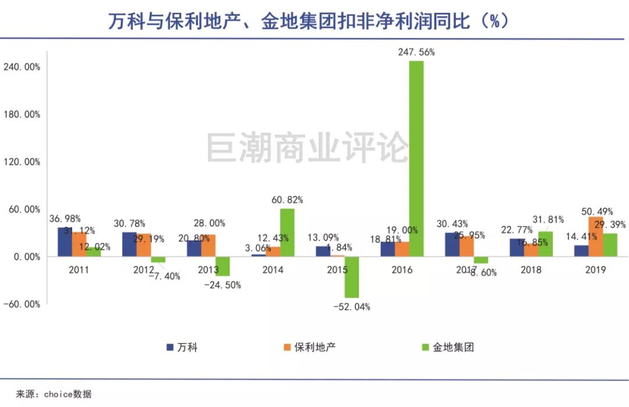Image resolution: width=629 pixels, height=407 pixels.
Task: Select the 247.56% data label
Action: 416,52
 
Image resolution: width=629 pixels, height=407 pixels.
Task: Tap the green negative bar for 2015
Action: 351,277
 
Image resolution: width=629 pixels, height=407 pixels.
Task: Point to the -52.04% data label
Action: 351,307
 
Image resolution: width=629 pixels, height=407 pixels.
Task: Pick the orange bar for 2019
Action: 596,236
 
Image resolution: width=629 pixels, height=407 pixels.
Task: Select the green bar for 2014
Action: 287,232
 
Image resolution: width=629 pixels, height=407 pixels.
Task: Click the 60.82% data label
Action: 287,200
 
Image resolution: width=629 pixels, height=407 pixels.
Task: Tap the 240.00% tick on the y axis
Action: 22,67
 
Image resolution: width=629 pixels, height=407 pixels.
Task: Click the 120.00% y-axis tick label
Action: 22,162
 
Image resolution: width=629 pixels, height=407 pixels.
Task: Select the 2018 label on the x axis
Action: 531,270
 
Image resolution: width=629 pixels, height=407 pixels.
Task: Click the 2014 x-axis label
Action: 273,270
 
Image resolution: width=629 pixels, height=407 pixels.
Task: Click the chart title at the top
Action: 309,22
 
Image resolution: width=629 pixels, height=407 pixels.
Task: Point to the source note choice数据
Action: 54,394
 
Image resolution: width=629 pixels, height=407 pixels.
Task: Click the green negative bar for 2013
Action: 222,266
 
